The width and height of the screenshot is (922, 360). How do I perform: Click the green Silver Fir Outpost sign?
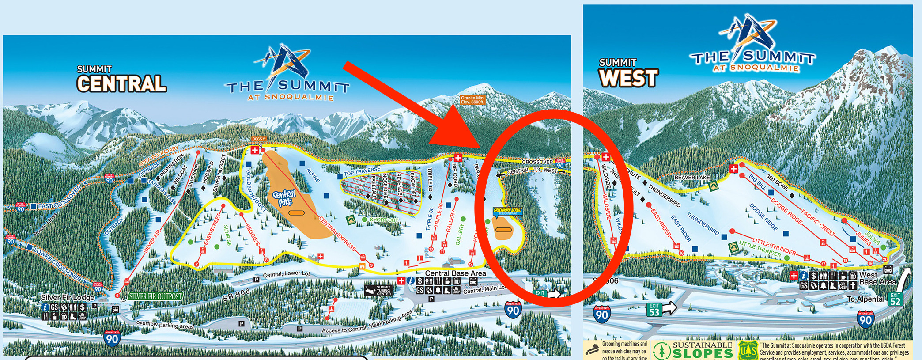coord(155,296)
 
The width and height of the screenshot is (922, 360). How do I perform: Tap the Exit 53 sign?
coord(654,309)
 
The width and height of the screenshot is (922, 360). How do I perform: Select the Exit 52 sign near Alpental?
coord(895,299)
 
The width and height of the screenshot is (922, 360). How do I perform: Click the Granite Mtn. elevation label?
coord(472,100)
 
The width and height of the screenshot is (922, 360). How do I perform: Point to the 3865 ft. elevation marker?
coord(259,139)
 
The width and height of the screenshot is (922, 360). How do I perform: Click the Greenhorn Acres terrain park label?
coord(507,211)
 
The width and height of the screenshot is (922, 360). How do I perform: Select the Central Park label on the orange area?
coord(284,197)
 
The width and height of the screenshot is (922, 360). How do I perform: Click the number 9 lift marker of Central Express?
coord(371,265)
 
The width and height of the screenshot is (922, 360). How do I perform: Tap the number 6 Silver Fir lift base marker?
coord(117,295)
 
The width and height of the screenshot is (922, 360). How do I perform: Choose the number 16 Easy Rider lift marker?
coord(681,253)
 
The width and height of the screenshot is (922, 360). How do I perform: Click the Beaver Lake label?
coord(692,178)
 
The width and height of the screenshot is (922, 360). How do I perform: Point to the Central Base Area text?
coord(455,273)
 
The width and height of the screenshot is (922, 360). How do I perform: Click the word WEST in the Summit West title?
coord(628,78)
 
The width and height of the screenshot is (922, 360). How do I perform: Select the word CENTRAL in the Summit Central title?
coord(121,83)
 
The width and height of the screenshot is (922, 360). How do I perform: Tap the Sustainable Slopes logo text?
coord(702,350)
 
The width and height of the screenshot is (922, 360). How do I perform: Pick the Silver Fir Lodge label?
coord(67,297)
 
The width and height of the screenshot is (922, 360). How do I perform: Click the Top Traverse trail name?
coord(362,171)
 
